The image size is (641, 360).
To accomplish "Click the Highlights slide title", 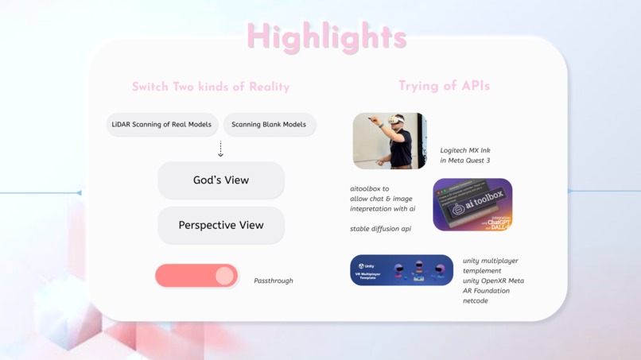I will click(327, 37).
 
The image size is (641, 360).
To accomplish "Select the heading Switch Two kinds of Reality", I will click(211, 87).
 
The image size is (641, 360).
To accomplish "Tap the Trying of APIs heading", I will click(444, 86).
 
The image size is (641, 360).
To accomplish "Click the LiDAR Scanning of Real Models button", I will click(161, 125).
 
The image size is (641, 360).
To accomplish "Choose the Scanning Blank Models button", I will click(269, 125).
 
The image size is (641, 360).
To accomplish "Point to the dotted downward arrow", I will click(221, 149).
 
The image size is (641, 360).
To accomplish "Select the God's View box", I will click(221, 180).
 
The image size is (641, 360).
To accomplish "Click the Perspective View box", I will click(221, 226).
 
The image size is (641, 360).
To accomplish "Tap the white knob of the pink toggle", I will click(224, 276).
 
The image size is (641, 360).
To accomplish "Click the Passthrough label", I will click(274, 281).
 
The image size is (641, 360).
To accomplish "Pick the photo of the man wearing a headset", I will click(390, 141).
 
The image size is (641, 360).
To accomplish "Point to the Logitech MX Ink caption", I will click(465, 150).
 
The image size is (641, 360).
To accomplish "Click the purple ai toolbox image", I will click(472, 205).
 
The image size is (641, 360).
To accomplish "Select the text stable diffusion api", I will click(381, 229).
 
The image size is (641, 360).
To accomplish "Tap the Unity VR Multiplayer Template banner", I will click(402, 270).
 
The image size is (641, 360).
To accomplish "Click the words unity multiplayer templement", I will click(490, 265).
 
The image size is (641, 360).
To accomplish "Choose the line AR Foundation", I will click(486, 291).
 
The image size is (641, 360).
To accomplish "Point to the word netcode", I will click(476, 301).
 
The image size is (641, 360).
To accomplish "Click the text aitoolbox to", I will click(370, 189).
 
